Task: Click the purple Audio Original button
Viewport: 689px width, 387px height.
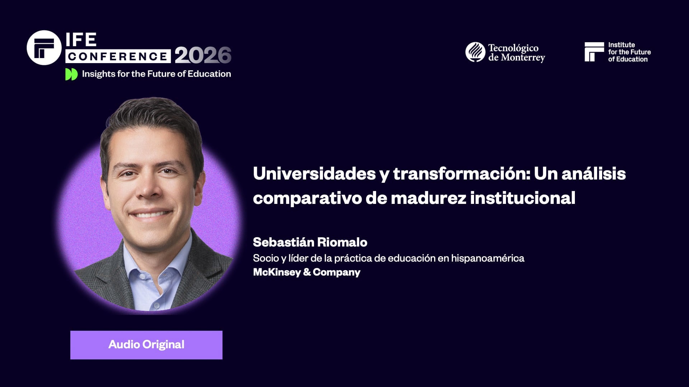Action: click(146, 345)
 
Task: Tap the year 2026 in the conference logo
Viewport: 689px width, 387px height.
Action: click(203, 56)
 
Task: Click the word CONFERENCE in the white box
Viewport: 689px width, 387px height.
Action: click(118, 56)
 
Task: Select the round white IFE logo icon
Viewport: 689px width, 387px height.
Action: click(44, 48)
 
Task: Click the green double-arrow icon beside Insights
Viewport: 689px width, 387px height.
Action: click(71, 74)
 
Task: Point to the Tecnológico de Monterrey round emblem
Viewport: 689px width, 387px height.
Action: click(475, 52)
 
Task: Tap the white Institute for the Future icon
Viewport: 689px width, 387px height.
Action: click(594, 52)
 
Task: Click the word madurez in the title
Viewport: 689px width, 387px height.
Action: click(428, 198)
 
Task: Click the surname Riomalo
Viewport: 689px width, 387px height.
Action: click(342, 243)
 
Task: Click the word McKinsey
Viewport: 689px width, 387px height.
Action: click(277, 272)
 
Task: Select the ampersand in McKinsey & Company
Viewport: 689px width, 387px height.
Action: click(307, 272)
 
